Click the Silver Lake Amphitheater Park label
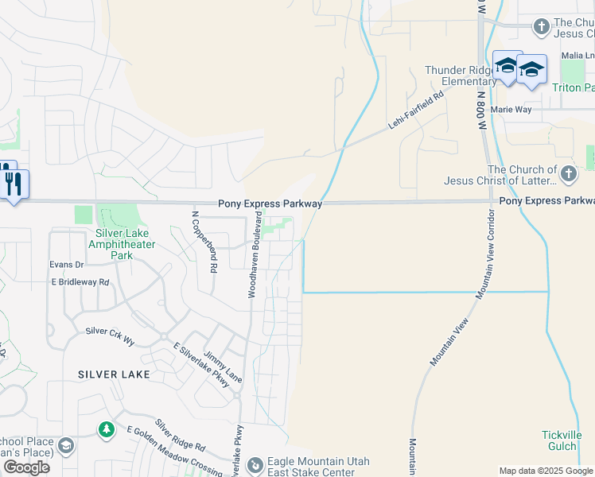coord(123,244)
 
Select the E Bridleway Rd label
coord(80,281)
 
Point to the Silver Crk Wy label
coord(110,335)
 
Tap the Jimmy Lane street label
coord(222,366)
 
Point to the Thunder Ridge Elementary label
coord(461,76)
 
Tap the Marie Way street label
coord(511,109)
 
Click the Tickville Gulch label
coord(562,440)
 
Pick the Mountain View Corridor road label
coord(488,255)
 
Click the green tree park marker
coord(107,430)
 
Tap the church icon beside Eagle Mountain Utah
coord(255,463)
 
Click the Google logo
coord(26,467)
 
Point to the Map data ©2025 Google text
coord(546,471)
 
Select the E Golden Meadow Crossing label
coord(175,450)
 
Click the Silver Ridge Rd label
coord(180,435)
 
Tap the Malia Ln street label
coord(577,55)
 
